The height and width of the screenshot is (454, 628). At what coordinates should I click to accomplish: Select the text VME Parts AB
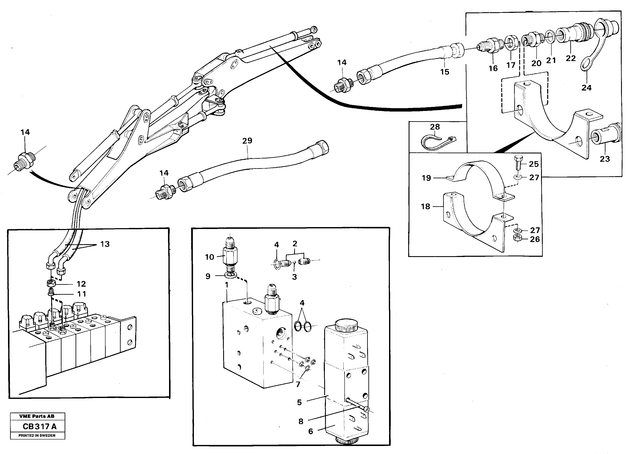tap(37, 416)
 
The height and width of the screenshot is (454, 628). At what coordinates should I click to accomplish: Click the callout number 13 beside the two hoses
tap(105, 244)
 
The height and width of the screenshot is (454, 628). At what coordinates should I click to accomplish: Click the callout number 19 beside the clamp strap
tap(426, 178)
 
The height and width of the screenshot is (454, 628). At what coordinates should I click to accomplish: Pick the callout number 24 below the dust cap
tap(586, 88)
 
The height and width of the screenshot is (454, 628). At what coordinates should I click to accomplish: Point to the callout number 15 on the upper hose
tap(444, 72)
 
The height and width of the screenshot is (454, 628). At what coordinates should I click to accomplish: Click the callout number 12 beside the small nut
tap(81, 284)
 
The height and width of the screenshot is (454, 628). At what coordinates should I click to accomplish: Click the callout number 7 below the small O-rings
tap(298, 385)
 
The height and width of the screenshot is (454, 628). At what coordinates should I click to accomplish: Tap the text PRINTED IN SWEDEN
tap(37, 435)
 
